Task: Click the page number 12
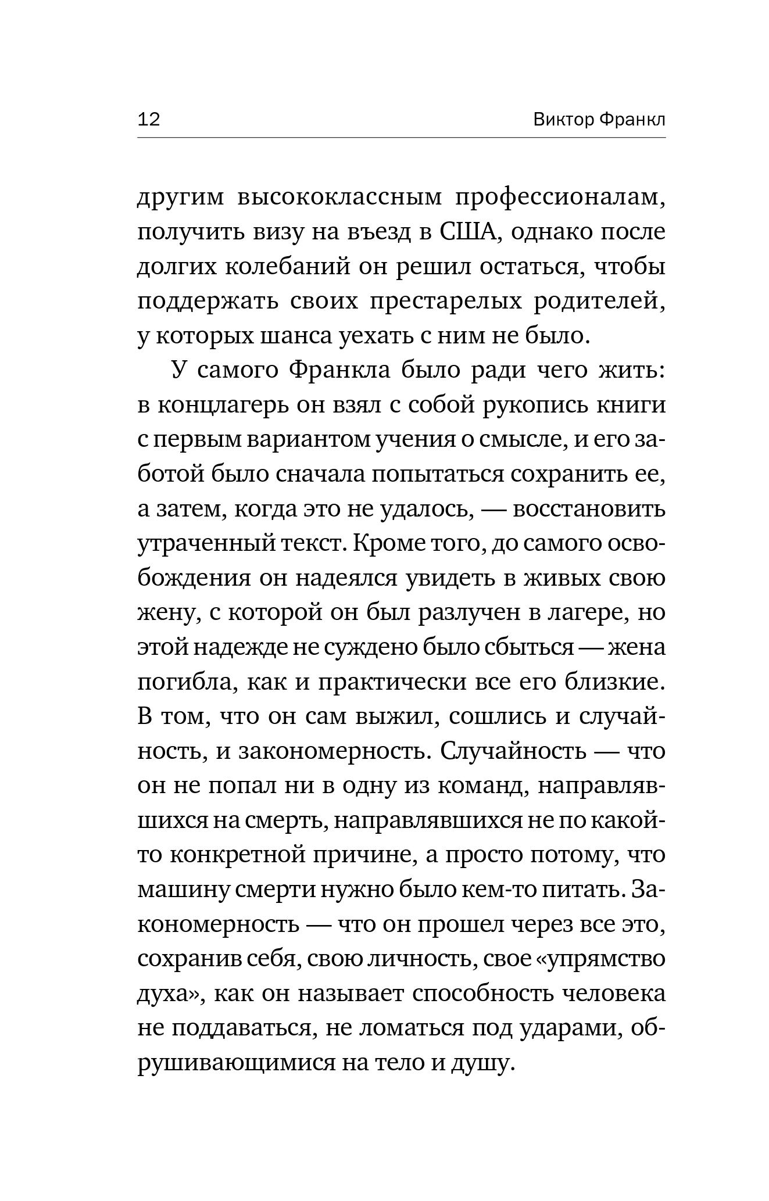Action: tap(149, 120)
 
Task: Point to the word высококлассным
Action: tap(339, 198)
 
